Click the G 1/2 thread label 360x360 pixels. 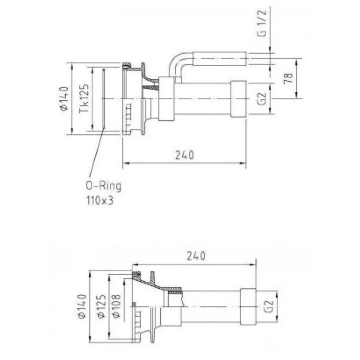click(x=262, y=23)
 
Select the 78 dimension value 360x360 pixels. click(x=288, y=79)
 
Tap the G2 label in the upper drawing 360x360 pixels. click(x=262, y=98)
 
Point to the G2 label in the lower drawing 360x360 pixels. click(x=268, y=306)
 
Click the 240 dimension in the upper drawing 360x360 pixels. click(x=185, y=155)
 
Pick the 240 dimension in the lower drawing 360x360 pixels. click(x=196, y=256)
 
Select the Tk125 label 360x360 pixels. click(x=84, y=98)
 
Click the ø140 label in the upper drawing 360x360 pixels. click(x=64, y=98)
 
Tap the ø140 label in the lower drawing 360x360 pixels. click(x=82, y=306)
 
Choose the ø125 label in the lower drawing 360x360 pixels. click(x=101, y=306)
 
